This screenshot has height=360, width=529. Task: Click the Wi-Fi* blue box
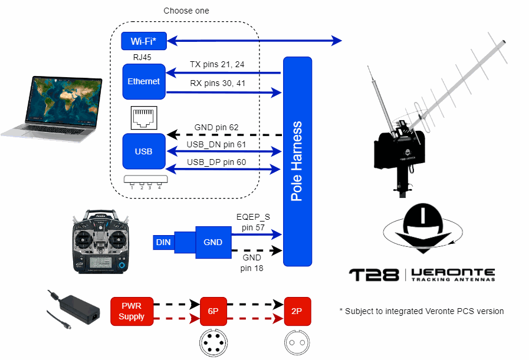(x=143, y=41)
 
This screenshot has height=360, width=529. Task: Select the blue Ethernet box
(x=144, y=81)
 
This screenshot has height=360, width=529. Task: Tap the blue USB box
(x=144, y=151)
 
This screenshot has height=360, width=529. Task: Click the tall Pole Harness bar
(x=297, y=161)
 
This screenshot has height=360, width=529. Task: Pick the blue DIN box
(x=163, y=242)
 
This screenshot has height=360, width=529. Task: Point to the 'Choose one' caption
(x=186, y=11)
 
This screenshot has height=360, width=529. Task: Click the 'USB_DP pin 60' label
(x=216, y=162)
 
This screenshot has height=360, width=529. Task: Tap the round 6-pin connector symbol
(x=212, y=342)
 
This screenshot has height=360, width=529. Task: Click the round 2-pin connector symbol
(x=297, y=342)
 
